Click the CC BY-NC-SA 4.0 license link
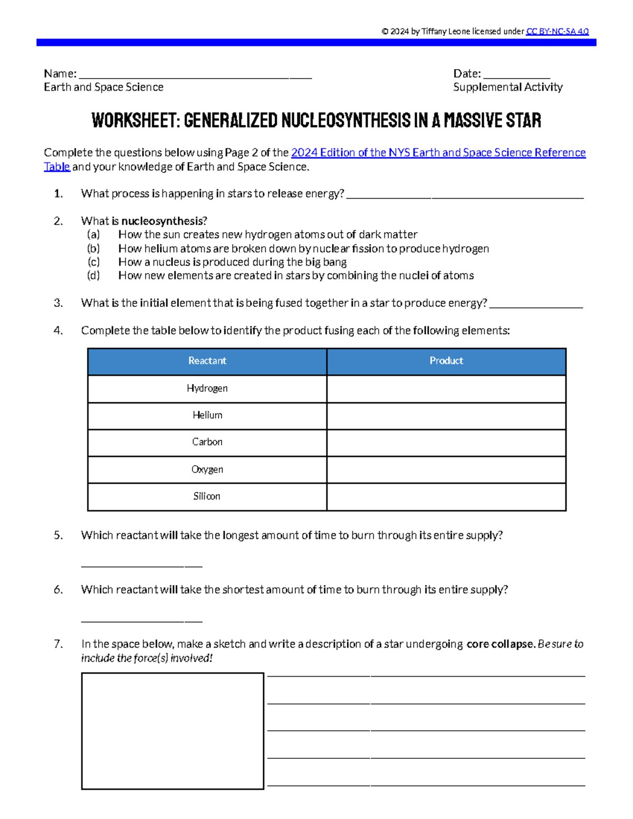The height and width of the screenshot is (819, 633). (557, 32)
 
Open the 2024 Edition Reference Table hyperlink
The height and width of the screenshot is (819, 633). (438, 153)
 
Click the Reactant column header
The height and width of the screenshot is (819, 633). (207, 361)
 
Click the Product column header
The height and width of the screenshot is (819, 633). (446, 361)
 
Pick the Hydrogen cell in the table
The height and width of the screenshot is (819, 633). (207, 389)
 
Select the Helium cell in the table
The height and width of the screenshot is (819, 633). (207, 416)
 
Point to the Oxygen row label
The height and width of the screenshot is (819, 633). (207, 469)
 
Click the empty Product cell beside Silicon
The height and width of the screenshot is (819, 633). (446, 497)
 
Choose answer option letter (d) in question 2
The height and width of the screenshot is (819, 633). (93, 276)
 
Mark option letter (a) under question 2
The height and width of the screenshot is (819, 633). (93, 235)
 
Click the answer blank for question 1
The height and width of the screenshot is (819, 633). (465, 196)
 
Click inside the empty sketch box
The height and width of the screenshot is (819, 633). (172, 731)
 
